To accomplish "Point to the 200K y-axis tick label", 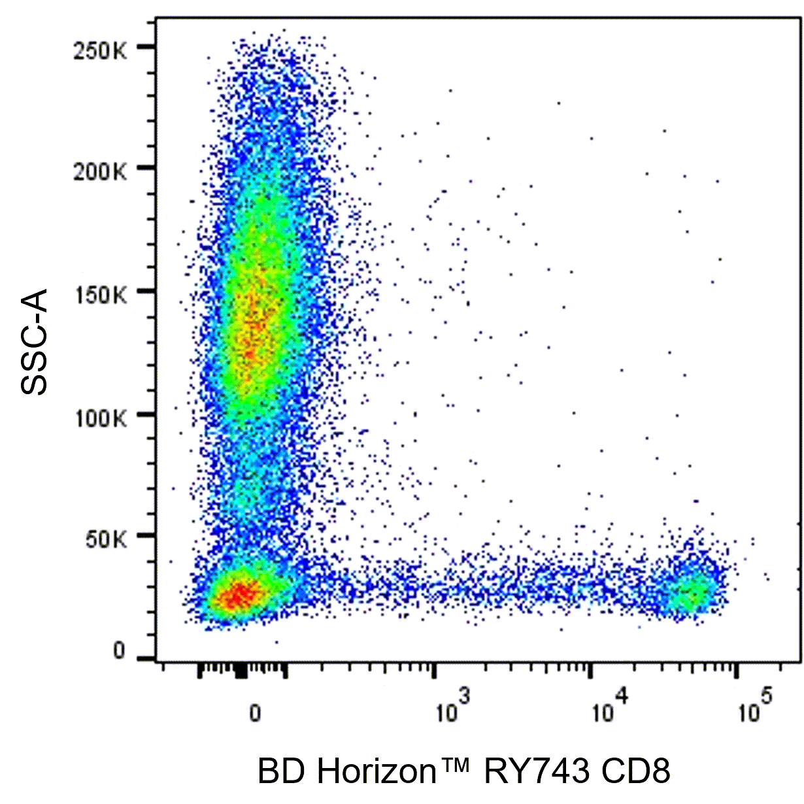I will [101, 173].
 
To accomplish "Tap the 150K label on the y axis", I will [101, 295].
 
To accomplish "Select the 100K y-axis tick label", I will [101, 417].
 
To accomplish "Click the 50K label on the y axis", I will [107, 539].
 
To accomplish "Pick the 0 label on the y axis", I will [119, 652].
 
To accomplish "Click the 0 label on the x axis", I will [256, 712].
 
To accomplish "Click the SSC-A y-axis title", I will [34, 343].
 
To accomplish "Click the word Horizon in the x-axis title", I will [375, 771].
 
